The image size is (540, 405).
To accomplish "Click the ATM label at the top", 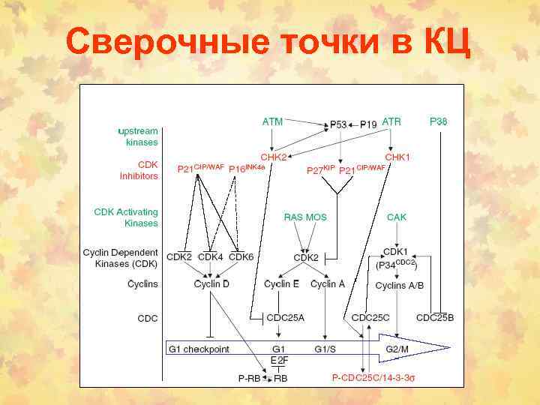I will pyautogui.click(x=272, y=121).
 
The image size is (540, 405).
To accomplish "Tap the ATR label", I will pyautogui.click(x=391, y=121).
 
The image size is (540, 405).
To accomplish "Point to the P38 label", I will pyautogui.click(x=439, y=121).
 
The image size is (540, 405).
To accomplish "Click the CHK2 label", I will pyautogui.click(x=274, y=157).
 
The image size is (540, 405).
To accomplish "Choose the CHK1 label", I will pyautogui.click(x=397, y=157).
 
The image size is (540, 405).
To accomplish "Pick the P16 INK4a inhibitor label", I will pyautogui.click(x=247, y=169).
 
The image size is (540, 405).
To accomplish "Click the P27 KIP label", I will pyautogui.click(x=320, y=169).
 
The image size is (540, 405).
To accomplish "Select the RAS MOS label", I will pyautogui.click(x=305, y=217).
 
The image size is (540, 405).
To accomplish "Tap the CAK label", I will pyautogui.click(x=396, y=217).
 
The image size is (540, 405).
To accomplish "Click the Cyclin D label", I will pyautogui.click(x=211, y=284).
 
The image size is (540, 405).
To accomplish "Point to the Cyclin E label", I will pyautogui.click(x=282, y=284).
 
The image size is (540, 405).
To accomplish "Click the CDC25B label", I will pyautogui.click(x=435, y=317).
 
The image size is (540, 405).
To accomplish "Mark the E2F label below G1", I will pyautogui.click(x=279, y=361).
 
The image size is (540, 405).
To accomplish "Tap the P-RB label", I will pyautogui.click(x=250, y=378).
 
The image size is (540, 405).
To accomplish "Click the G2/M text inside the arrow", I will pyautogui.click(x=397, y=349).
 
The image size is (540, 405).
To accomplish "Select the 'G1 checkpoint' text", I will pyautogui.click(x=199, y=349).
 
